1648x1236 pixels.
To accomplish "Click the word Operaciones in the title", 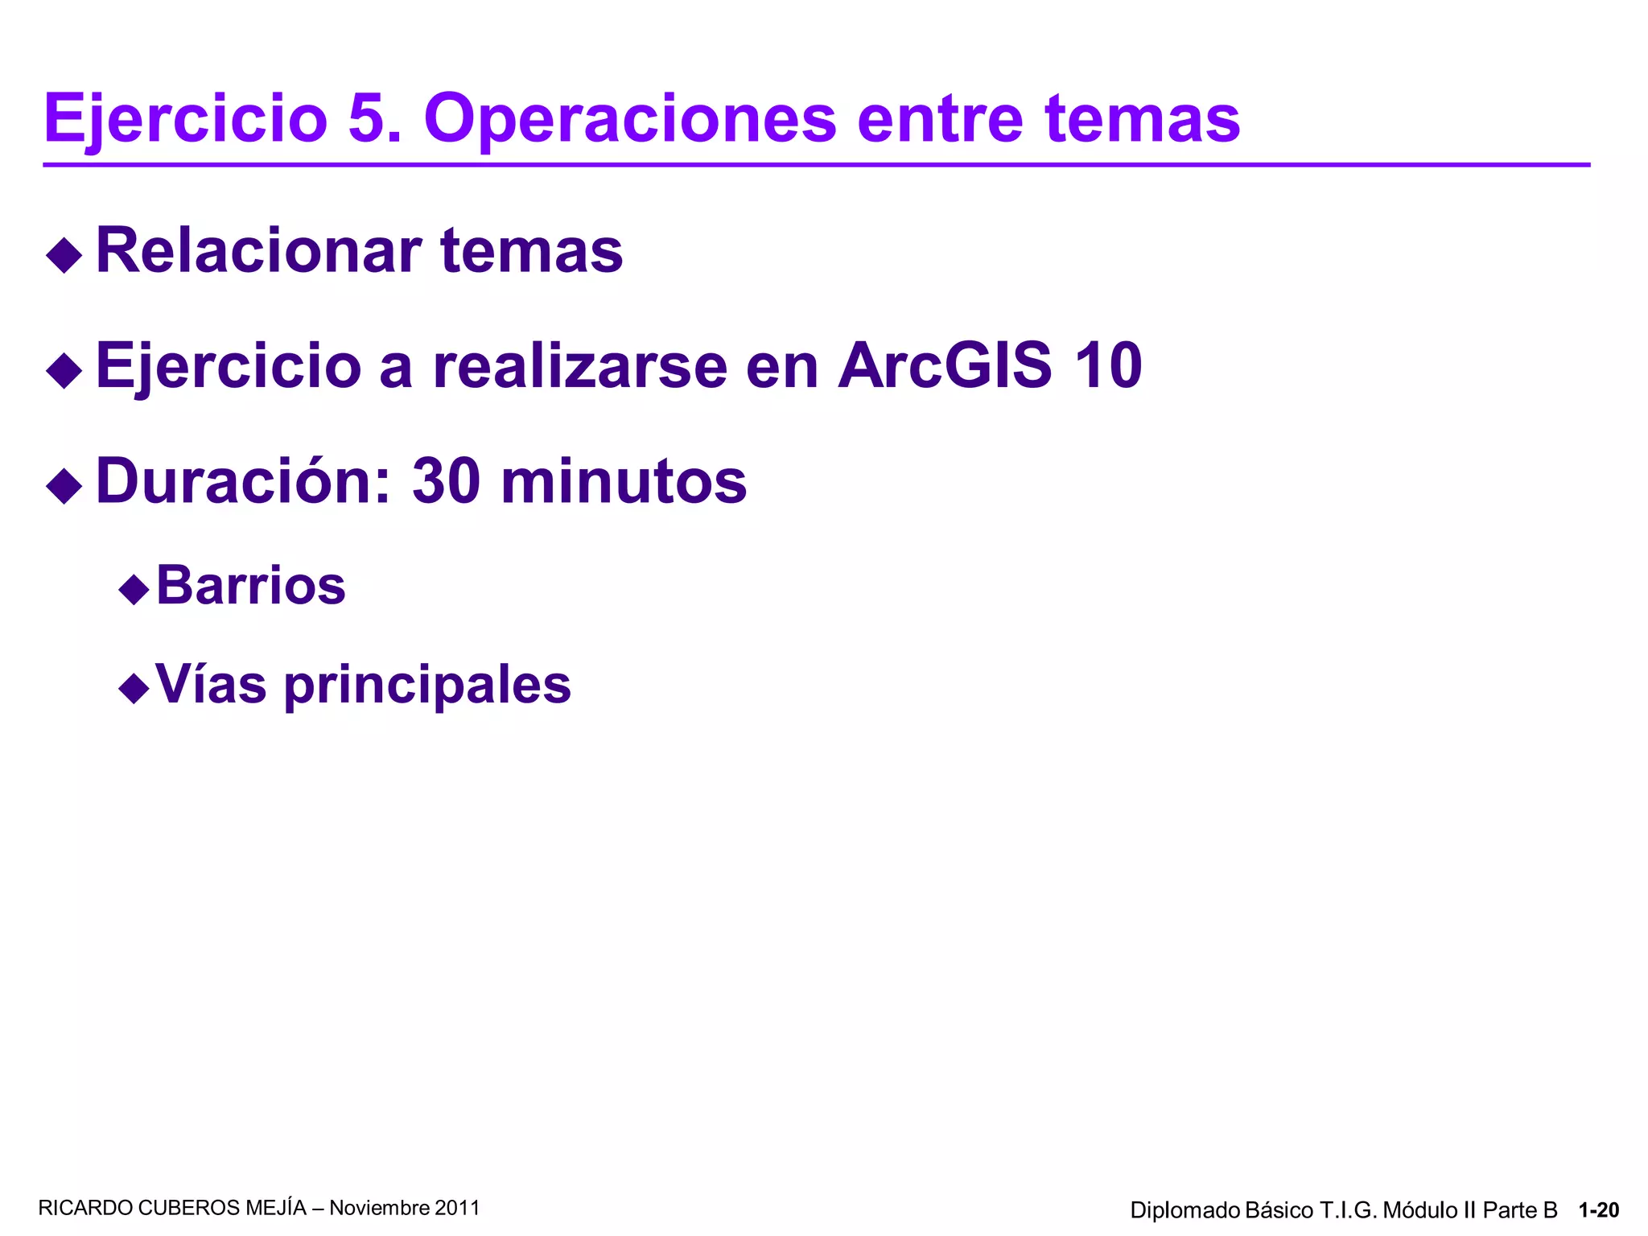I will (x=630, y=119).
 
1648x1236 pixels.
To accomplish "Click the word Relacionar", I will (x=258, y=250).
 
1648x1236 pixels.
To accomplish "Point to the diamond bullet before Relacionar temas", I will (x=64, y=255).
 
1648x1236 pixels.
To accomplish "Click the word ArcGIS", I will (x=945, y=365).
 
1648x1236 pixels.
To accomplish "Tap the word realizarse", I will (x=579, y=365).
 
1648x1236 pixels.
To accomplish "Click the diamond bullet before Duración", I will (x=64, y=485).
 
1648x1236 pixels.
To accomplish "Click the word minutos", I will (x=624, y=481).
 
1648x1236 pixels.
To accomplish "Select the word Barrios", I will (x=250, y=585).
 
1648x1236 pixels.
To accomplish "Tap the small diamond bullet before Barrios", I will (x=134, y=590).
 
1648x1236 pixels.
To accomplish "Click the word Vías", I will (x=211, y=684).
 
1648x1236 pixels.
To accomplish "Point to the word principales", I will (x=427, y=686).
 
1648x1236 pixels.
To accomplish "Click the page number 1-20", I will (x=1598, y=1210).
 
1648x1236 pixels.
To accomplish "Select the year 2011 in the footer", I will (x=457, y=1208).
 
